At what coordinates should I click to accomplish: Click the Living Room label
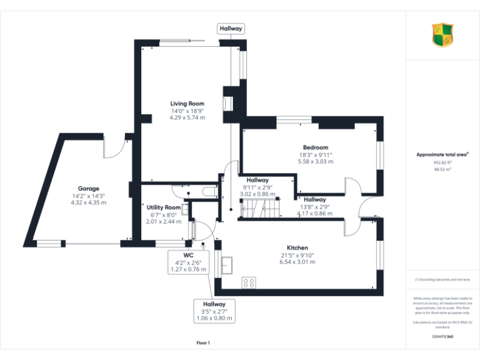coord(187,104)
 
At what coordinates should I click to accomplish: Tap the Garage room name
coord(88,189)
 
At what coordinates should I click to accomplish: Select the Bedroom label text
coord(316,147)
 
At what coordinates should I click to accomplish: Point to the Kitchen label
coord(297,247)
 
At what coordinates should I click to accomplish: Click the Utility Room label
coord(164,207)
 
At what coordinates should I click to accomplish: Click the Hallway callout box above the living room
coord(231,29)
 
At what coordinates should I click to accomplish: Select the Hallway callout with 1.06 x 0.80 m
coord(214,311)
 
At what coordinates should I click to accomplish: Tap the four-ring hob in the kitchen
coord(249,282)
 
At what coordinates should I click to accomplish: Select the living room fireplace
coord(228,103)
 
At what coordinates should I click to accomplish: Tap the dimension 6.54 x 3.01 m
coord(297,262)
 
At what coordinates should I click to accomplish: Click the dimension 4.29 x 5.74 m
coord(187,117)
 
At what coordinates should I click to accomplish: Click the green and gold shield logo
coord(443,35)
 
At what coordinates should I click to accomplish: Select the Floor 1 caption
coord(203,343)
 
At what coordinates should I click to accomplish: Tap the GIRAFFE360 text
coord(442,337)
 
